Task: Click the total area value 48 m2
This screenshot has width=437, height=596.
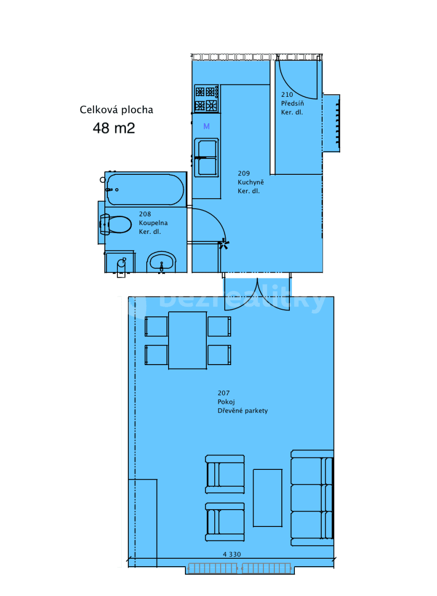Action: click(x=114, y=128)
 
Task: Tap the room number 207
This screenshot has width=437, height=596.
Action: click(x=224, y=393)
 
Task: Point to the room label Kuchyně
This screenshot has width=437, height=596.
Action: click(x=251, y=182)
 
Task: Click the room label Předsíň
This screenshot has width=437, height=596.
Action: click(x=292, y=103)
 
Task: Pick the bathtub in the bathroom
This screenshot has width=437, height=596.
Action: click(x=145, y=189)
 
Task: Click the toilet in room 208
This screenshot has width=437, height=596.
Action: click(x=116, y=224)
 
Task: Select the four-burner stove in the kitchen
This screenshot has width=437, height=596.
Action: click(x=206, y=98)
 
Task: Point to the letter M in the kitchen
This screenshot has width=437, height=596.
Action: click(x=206, y=127)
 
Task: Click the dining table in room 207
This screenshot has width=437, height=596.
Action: click(x=187, y=340)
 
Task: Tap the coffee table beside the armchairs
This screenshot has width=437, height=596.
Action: click(x=267, y=498)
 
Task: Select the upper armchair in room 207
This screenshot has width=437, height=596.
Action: click(x=225, y=474)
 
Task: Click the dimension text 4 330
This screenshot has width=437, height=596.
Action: click(x=231, y=554)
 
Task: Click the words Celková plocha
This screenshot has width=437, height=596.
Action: click(x=116, y=110)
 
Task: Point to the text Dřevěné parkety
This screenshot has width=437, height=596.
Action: click(x=243, y=411)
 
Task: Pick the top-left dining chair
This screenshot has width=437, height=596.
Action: click(x=156, y=326)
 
